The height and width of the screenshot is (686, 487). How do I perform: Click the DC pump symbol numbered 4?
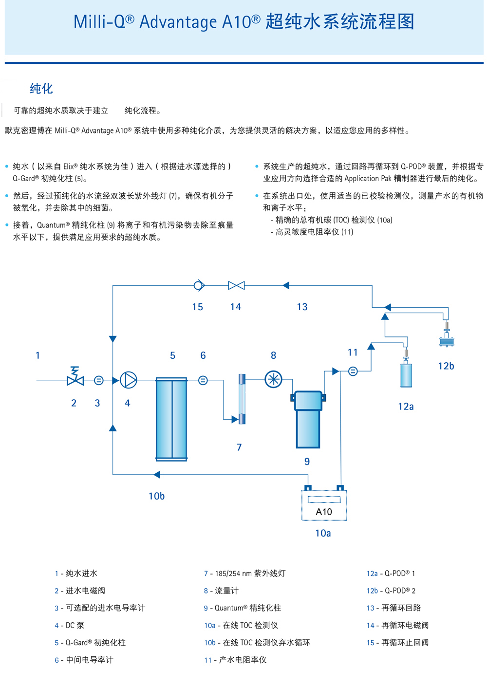coord(129,380)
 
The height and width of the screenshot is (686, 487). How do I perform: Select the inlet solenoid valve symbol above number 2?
coord(75,377)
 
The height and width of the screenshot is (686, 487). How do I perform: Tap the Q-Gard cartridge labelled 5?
coord(171,419)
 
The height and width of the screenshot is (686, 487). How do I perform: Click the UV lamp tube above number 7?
coord(242,399)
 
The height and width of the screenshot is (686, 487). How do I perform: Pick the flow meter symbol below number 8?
coord(273,379)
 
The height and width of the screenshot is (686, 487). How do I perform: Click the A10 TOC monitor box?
coord(324,505)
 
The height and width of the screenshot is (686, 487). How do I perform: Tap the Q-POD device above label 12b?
coord(447,337)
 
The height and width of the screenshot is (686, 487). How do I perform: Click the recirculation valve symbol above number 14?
coord(236,285)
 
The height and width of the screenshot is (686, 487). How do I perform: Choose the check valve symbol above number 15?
coord(199,285)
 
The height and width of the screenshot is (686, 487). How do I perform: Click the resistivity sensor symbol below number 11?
coord(353,371)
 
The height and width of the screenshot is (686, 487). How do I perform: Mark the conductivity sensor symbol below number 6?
coord(203,380)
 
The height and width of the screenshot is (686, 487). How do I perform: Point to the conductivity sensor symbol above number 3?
coord(98,380)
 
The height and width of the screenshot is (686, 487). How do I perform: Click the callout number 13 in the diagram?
coord(302,307)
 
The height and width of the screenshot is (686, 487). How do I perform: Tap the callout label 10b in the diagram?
coord(156,496)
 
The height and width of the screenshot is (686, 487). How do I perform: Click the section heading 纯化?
coord(41,89)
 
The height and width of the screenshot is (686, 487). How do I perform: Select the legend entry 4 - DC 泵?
coord(70,625)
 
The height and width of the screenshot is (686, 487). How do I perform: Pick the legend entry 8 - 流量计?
coord(221,591)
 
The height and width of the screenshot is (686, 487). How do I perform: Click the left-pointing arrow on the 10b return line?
coord(157,474)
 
